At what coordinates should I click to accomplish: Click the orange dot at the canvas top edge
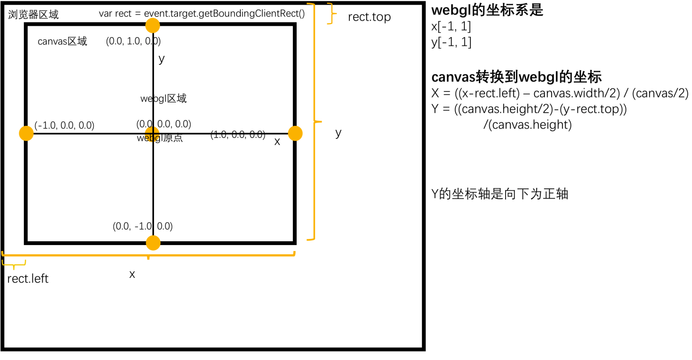pyautogui.click(x=153, y=25)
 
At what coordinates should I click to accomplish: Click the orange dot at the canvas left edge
pyautogui.click(x=26, y=133)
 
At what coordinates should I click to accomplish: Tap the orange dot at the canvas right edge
pyautogui.click(x=295, y=133)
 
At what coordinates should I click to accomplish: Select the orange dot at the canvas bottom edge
pyautogui.click(x=153, y=243)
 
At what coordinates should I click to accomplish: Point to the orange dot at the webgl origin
pyautogui.click(x=152, y=133)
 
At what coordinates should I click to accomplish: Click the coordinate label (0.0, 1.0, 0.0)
pyautogui.click(x=133, y=41)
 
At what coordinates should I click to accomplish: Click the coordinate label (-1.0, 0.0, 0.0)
pyautogui.click(x=64, y=125)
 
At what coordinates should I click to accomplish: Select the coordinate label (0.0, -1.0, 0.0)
pyautogui.click(x=143, y=226)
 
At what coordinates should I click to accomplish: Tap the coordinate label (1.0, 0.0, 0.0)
pyautogui.click(x=238, y=135)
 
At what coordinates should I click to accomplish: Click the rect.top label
pyautogui.click(x=369, y=18)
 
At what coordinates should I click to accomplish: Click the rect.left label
pyautogui.click(x=28, y=279)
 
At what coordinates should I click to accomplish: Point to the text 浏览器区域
pyautogui.click(x=34, y=15)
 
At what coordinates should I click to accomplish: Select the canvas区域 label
pyautogui.click(x=62, y=41)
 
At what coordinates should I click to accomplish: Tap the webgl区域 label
pyautogui.click(x=163, y=99)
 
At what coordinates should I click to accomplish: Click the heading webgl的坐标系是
pyautogui.click(x=487, y=10)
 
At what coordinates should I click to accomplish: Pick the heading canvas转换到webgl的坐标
pyautogui.click(x=516, y=77)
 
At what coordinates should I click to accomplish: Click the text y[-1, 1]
pyautogui.click(x=451, y=42)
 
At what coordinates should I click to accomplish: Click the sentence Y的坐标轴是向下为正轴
pyautogui.click(x=500, y=194)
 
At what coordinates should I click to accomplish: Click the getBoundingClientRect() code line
pyautogui.click(x=202, y=13)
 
